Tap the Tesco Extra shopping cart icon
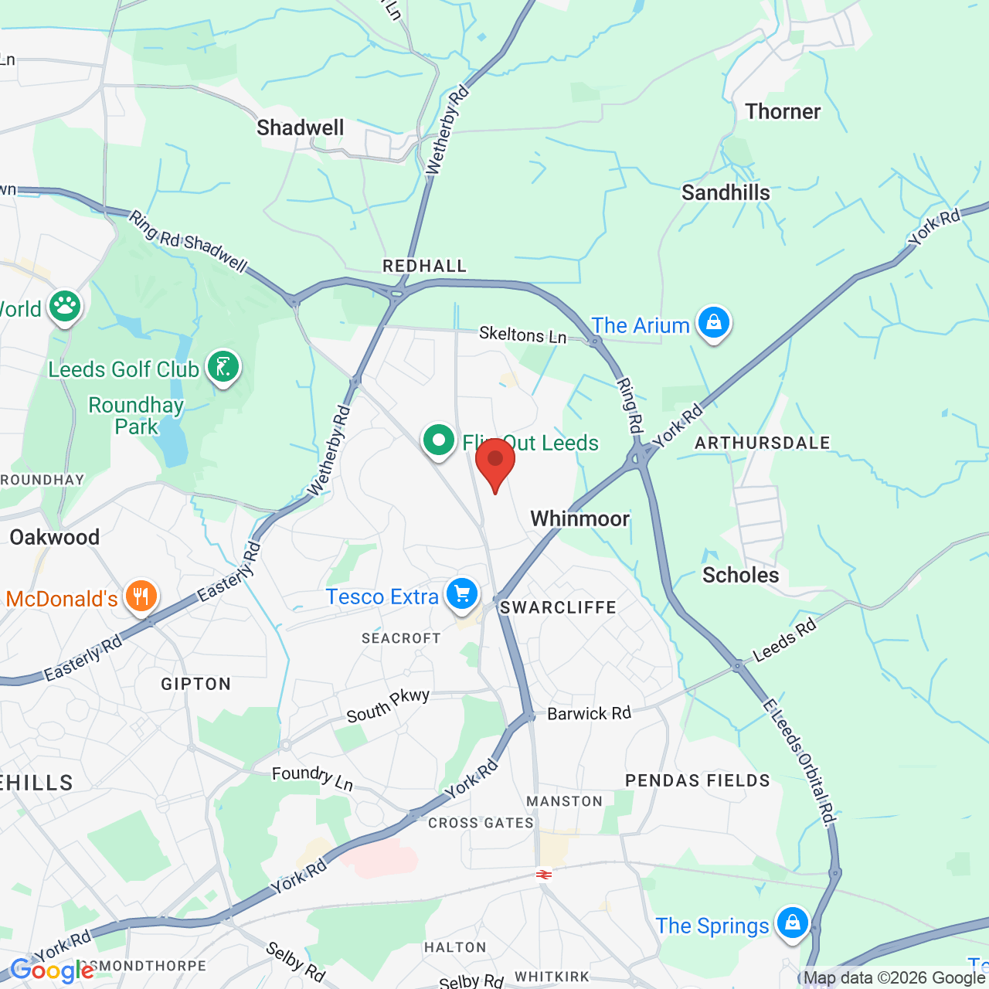pyautogui.click(x=462, y=594)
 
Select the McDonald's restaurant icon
pyautogui.click(x=141, y=596)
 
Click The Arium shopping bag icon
pyautogui.click(x=713, y=321)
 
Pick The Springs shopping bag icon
pyautogui.click(x=792, y=923)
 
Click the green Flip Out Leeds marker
pyautogui.click(x=439, y=441)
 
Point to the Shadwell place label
pyautogui.click(x=301, y=127)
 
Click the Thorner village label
pyautogui.click(x=783, y=111)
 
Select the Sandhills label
pyautogui.click(x=726, y=192)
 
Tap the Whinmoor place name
pyautogui.click(x=579, y=518)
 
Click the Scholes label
pyautogui.click(x=740, y=575)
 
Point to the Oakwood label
pyautogui.click(x=55, y=537)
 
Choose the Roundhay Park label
pyautogui.click(x=136, y=416)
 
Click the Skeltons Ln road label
pyautogui.click(x=522, y=335)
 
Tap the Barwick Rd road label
pyautogui.click(x=589, y=713)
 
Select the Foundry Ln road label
pyautogui.click(x=312, y=777)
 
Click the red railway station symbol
pyautogui.click(x=543, y=875)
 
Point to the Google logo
pyautogui.click(x=52, y=970)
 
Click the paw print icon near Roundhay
pyautogui.click(x=65, y=306)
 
